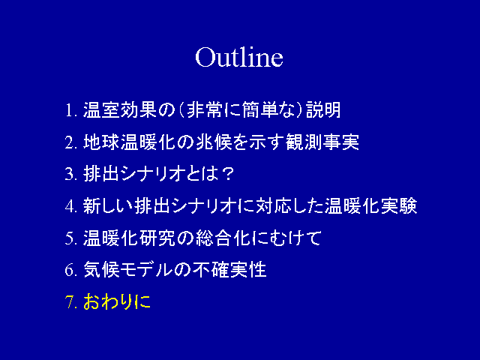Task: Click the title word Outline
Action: click(239, 57)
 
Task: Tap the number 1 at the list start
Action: click(70, 110)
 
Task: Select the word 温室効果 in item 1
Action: click(120, 110)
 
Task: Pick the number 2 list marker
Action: click(69, 142)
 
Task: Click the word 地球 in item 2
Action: click(101, 142)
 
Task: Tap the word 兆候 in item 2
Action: click(213, 142)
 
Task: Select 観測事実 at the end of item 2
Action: click(322, 142)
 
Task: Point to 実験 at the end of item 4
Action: click(399, 205)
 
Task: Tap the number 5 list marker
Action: click(69, 238)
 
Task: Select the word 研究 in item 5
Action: click(157, 238)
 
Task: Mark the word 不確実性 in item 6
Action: click(229, 270)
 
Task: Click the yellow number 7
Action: click(70, 301)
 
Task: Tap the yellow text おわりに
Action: click(117, 301)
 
